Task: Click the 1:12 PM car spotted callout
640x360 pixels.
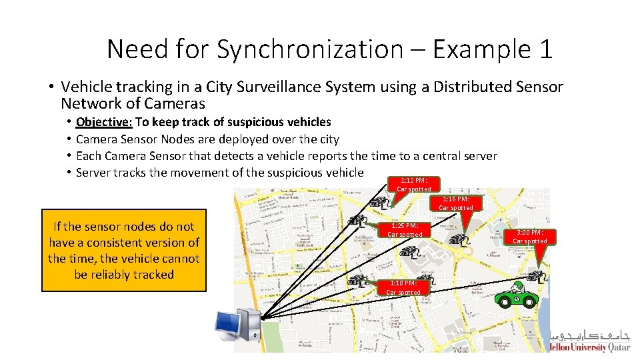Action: coord(413,185)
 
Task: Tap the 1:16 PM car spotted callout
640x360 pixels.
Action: coord(456,203)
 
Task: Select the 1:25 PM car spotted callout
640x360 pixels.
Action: coord(405,230)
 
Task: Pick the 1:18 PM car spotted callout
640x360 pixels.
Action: coord(403,287)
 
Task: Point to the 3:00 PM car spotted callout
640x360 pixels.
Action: coord(530,237)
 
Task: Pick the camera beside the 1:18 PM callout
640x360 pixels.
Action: coord(358,281)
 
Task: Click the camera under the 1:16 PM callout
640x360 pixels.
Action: coord(459,238)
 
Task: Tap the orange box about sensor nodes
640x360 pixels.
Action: coord(124,250)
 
